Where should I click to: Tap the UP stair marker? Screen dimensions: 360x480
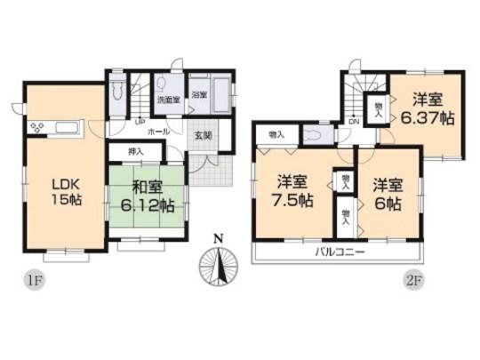[x=139, y=122]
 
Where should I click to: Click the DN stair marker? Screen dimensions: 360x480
[x=354, y=122]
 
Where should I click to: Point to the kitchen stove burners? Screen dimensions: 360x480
[x=38, y=127]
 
